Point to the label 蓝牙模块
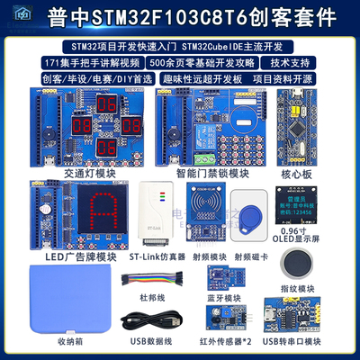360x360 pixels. coord(223,298)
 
